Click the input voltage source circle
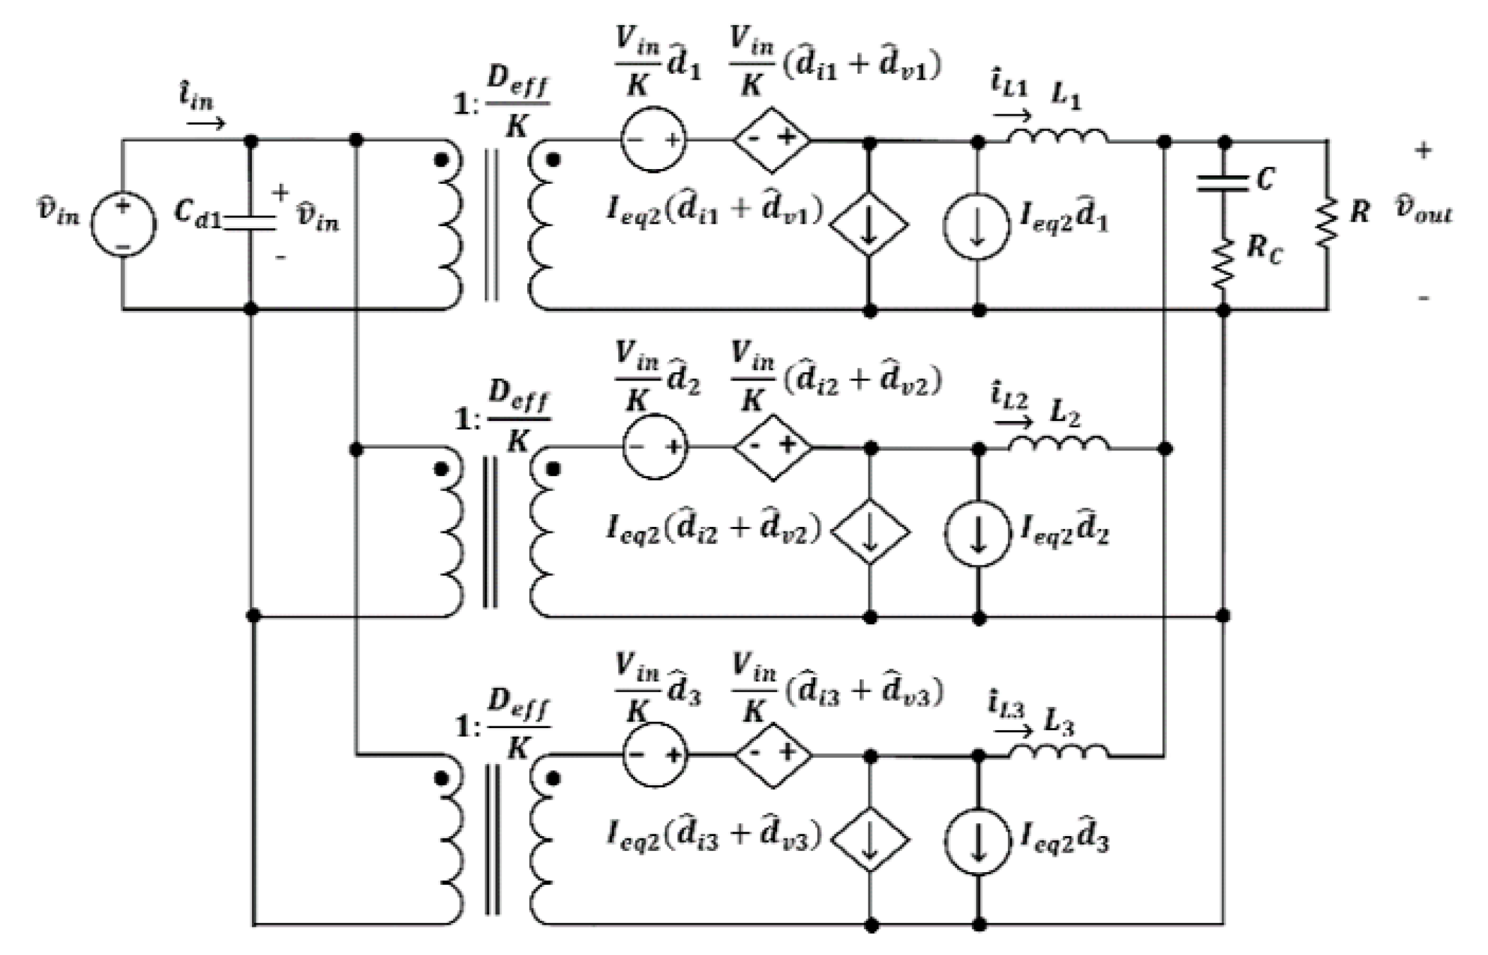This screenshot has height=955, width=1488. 123,224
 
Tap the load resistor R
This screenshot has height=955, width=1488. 1327,222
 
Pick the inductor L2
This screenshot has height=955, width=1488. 1058,443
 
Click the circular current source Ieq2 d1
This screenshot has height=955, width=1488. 977,225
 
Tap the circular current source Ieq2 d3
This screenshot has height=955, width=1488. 977,841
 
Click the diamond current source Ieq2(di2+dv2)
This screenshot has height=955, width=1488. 870,532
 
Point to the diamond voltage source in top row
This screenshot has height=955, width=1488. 772,139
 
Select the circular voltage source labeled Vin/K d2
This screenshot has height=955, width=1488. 654,447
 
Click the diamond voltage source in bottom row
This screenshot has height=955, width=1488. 773,754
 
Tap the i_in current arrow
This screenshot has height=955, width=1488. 206,122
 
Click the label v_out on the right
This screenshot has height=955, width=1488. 1423,210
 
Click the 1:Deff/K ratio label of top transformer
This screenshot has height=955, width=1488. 502,103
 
